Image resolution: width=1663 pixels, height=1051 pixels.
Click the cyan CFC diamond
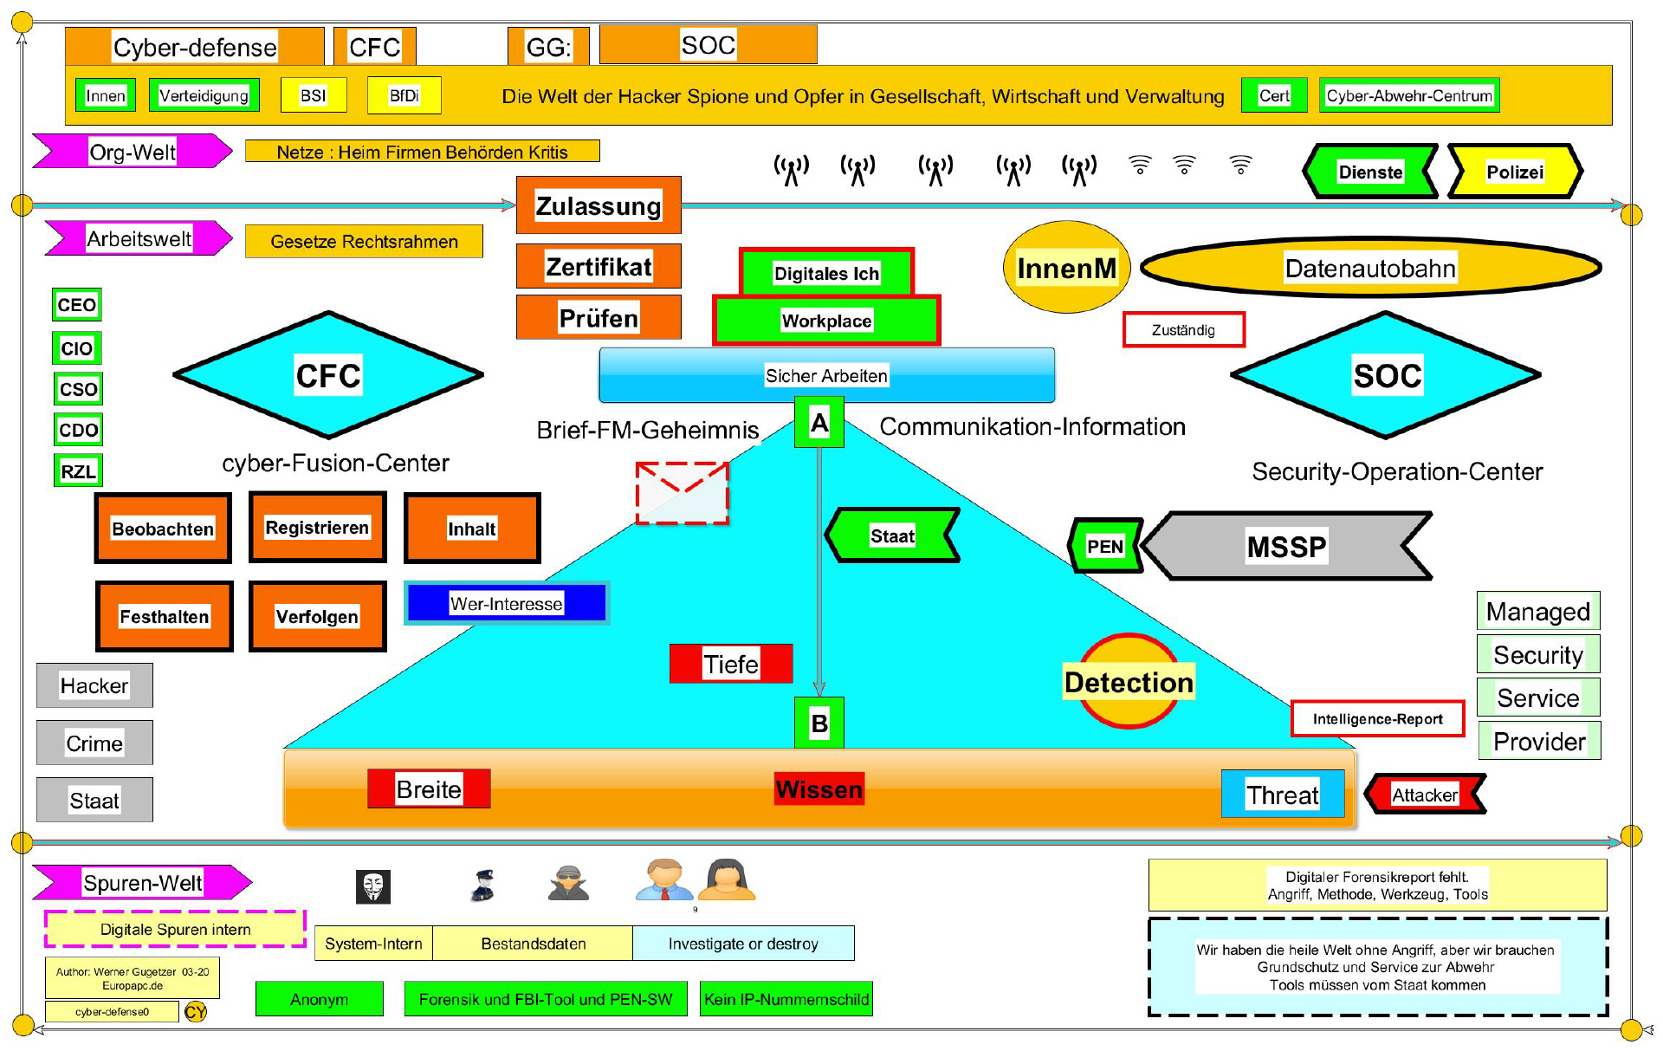(328, 375)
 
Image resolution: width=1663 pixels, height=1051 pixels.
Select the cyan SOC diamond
(1386, 375)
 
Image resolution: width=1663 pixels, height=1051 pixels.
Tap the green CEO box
(77, 305)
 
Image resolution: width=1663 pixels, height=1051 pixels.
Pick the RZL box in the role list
(78, 471)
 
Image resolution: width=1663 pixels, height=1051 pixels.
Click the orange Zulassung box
(599, 205)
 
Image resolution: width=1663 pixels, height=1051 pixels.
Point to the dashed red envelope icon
(683, 493)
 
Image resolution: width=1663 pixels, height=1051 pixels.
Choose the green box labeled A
(819, 423)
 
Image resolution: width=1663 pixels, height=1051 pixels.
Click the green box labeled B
(819, 723)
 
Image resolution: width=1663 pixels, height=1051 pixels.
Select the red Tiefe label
(731, 664)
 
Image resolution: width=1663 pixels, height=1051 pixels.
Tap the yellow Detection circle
(1129, 682)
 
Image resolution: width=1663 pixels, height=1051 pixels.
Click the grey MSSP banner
(1286, 546)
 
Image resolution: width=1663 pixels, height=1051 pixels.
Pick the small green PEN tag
(1105, 546)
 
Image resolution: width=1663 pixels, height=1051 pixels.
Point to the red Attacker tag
(1425, 795)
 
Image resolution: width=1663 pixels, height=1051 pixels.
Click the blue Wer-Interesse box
(507, 603)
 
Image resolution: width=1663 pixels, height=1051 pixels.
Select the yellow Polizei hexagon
(1515, 172)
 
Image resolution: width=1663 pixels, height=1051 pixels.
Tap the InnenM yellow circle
(1066, 268)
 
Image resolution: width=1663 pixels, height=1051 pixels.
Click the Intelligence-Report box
(1377, 719)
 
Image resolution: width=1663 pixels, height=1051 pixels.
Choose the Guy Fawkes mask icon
(373, 886)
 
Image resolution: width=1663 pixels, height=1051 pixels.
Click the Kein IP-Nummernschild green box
(786, 999)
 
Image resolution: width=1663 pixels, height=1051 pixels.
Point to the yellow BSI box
(314, 95)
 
